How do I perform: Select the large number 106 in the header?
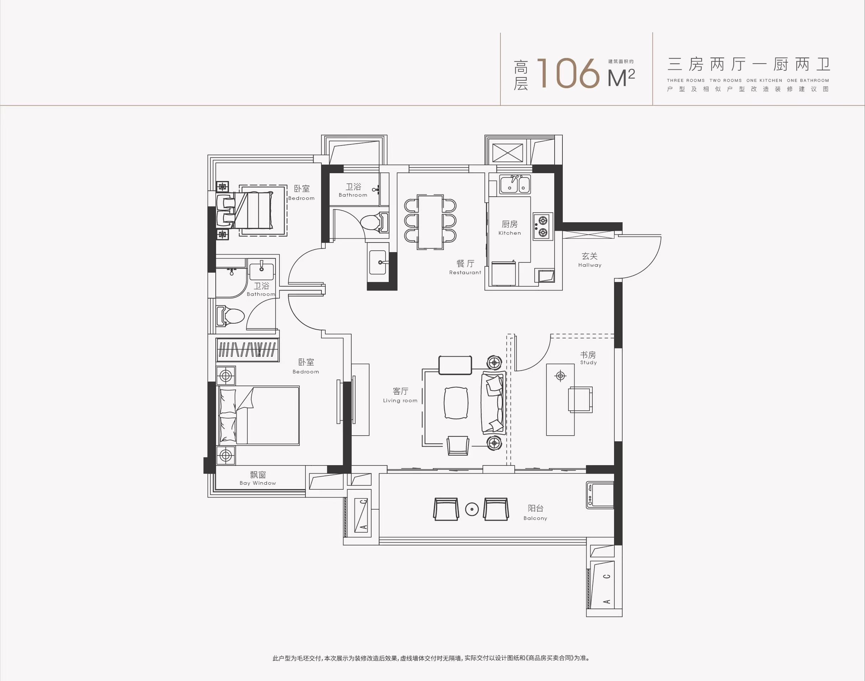click(x=568, y=73)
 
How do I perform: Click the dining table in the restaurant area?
click(x=430, y=222)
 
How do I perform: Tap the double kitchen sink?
click(x=515, y=184)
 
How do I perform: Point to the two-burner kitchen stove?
click(x=543, y=227)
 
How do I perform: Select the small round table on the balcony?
click(x=472, y=509)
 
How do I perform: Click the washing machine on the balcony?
click(x=599, y=495)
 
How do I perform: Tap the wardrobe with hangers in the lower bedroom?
click(x=247, y=350)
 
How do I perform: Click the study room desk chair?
click(x=580, y=399)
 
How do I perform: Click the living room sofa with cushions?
click(x=493, y=403)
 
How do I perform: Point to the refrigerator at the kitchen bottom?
click(x=503, y=273)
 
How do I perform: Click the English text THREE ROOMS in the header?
click(x=686, y=80)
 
